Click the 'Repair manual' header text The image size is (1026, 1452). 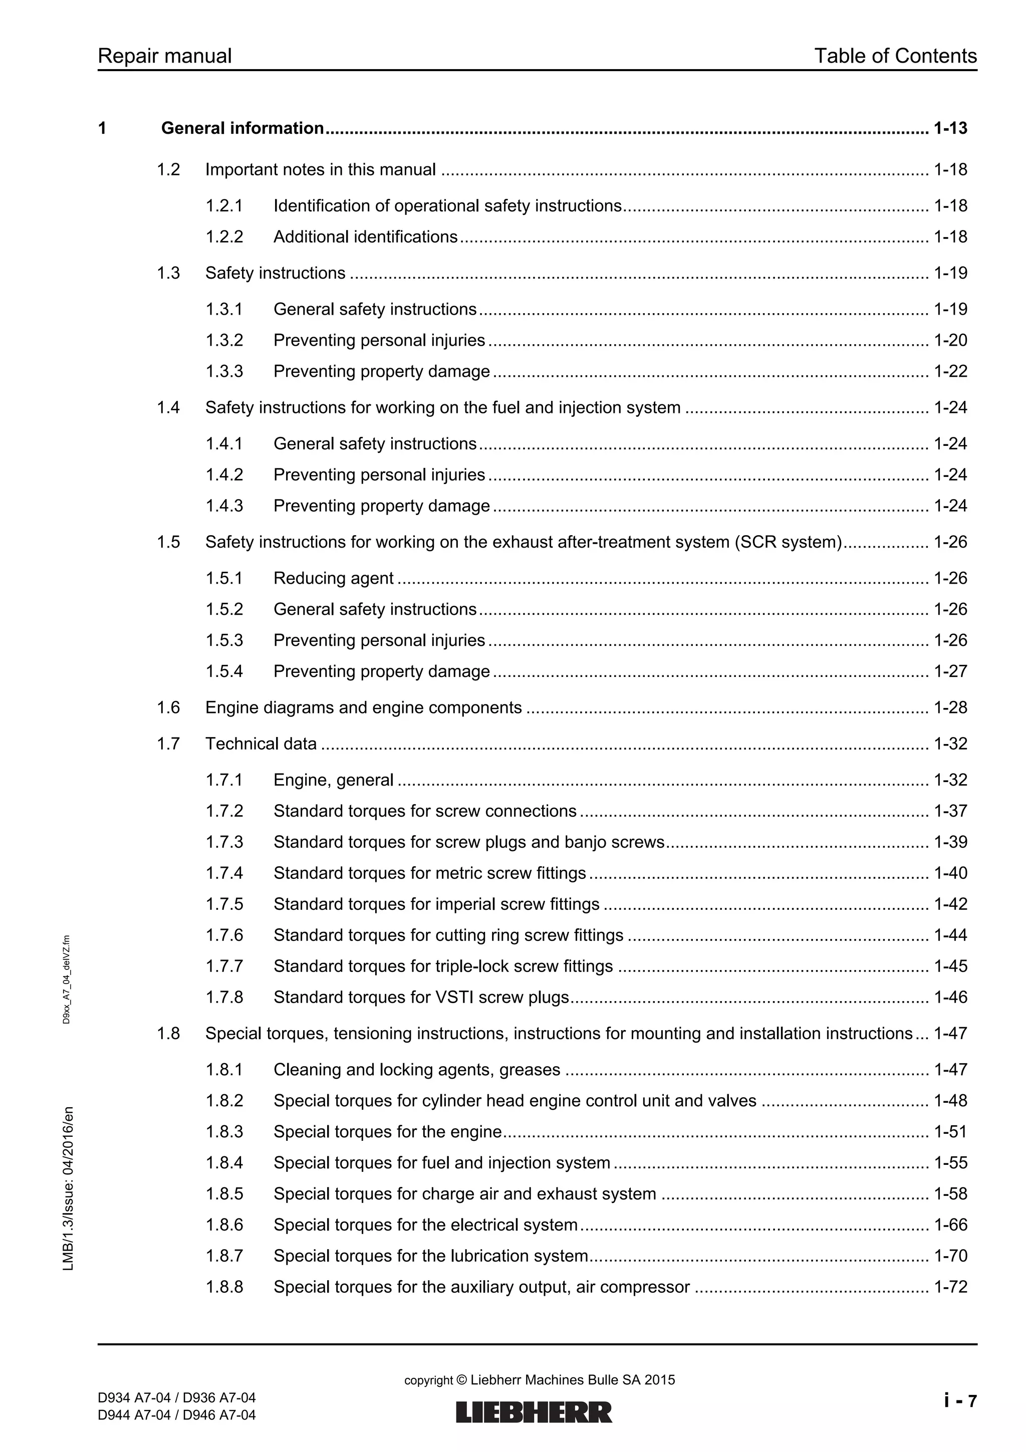(164, 56)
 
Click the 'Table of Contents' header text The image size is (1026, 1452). (895, 56)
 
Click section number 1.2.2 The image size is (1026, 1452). (224, 237)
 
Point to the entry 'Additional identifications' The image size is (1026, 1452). (365, 237)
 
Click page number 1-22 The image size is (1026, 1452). (950, 371)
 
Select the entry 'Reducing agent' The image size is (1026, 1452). (333, 579)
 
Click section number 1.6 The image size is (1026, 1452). (168, 707)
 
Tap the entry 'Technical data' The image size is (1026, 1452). (261, 744)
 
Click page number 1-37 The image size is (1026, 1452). (950, 811)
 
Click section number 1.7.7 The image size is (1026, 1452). (224, 966)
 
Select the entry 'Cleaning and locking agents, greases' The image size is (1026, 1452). (417, 1070)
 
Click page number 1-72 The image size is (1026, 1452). (950, 1287)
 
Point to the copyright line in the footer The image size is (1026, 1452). (539, 1380)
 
